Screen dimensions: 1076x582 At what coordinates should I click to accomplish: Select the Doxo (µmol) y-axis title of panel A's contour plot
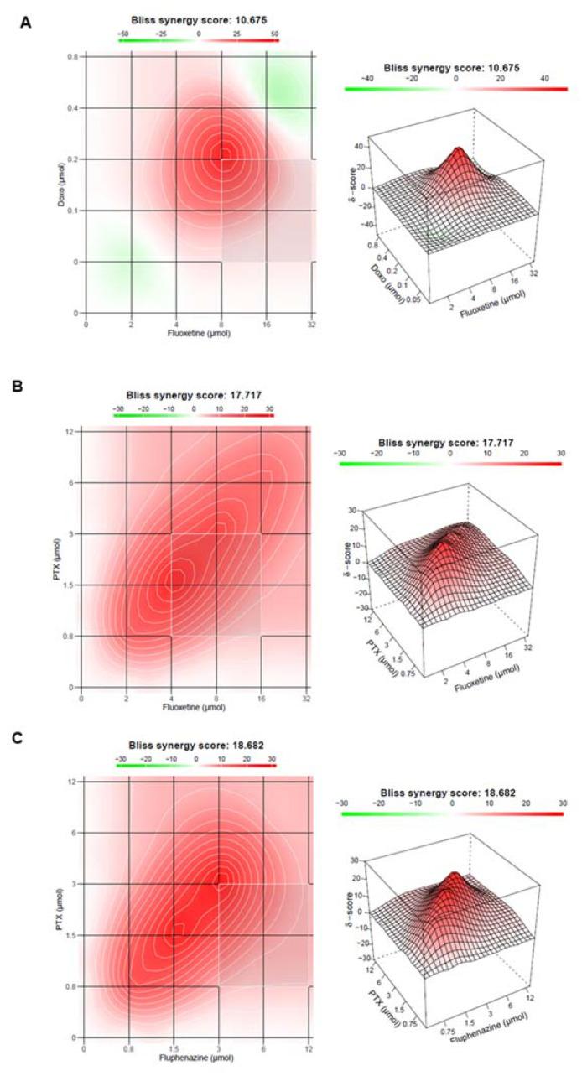61,184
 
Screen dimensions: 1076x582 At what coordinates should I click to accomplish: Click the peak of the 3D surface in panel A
458,151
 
